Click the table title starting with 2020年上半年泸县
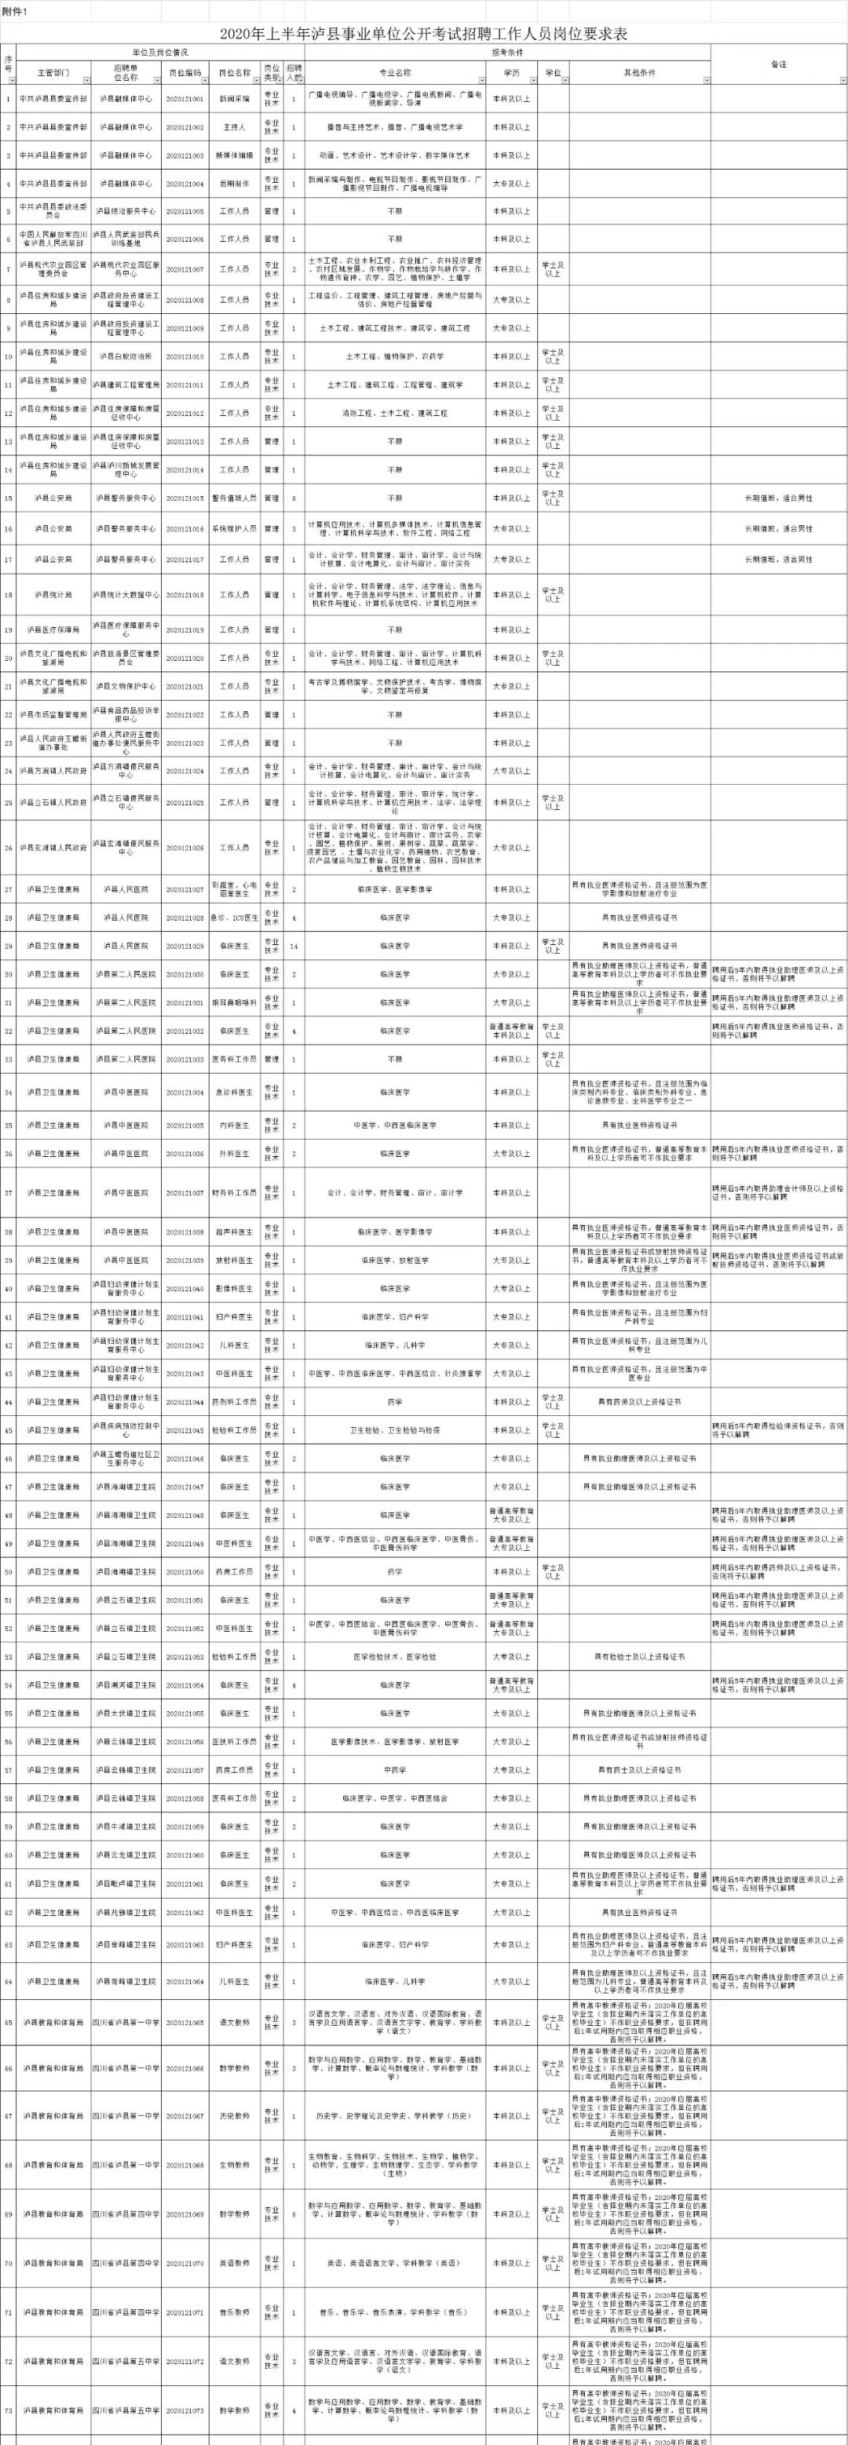[x=423, y=35]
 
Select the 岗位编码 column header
[x=185, y=72]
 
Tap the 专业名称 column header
[x=394, y=72]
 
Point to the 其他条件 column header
[x=638, y=72]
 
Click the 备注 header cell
[x=778, y=64]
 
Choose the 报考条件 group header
[x=507, y=53]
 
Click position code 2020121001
[x=185, y=98]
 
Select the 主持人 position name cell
[x=234, y=126]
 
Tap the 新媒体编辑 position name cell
[x=234, y=155]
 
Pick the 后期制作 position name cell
[x=234, y=183]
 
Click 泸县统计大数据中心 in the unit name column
[x=126, y=594]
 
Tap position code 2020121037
[x=185, y=1192]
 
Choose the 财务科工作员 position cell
[x=234, y=1192]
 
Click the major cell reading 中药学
[x=394, y=1769]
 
